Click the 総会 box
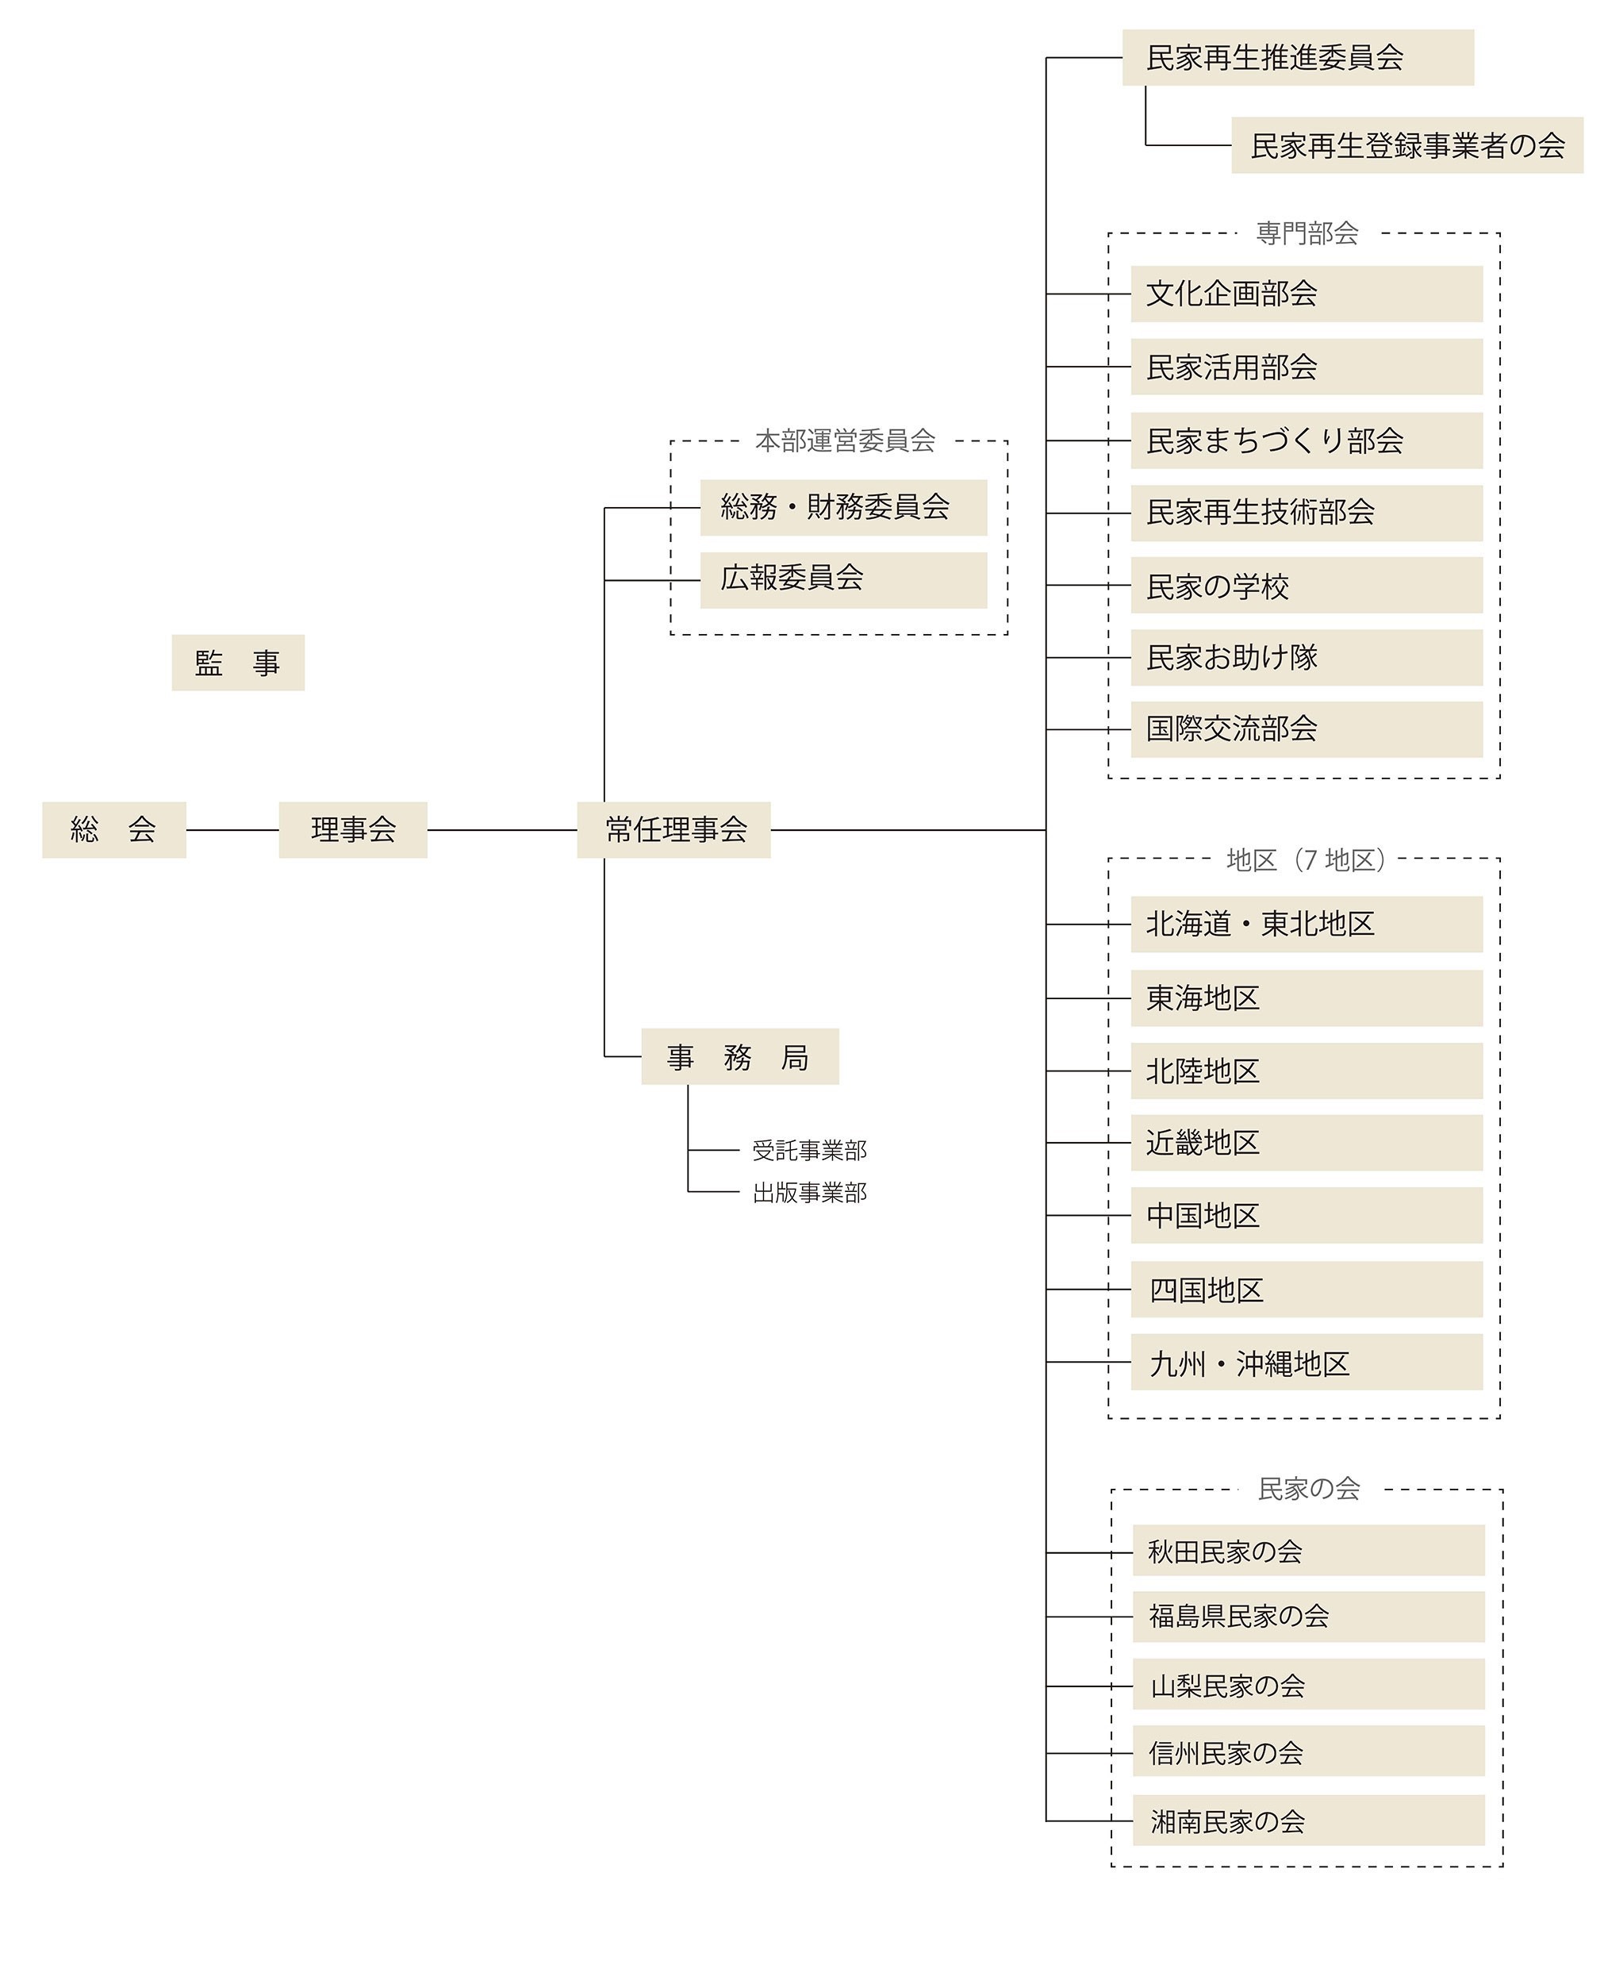tap(113, 830)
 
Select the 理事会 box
tap(353, 830)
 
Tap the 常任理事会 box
tap(673, 830)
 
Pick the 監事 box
tap(237, 663)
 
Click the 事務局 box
tap(739, 1056)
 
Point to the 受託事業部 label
tap(809, 1151)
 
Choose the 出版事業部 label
tap(809, 1193)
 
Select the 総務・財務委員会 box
tap(842, 507)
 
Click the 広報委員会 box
tap(842, 580)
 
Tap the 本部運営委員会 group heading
tap(845, 440)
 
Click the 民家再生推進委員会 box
tap(1297, 57)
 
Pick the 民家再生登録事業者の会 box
tap(1406, 145)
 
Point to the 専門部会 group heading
tap(1307, 233)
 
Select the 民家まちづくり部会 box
tap(1306, 440)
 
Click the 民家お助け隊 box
tap(1306, 657)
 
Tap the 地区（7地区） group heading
tap(1306, 860)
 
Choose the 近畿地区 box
tap(1306, 1143)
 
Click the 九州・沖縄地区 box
tap(1306, 1362)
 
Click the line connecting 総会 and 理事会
tap(232, 830)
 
